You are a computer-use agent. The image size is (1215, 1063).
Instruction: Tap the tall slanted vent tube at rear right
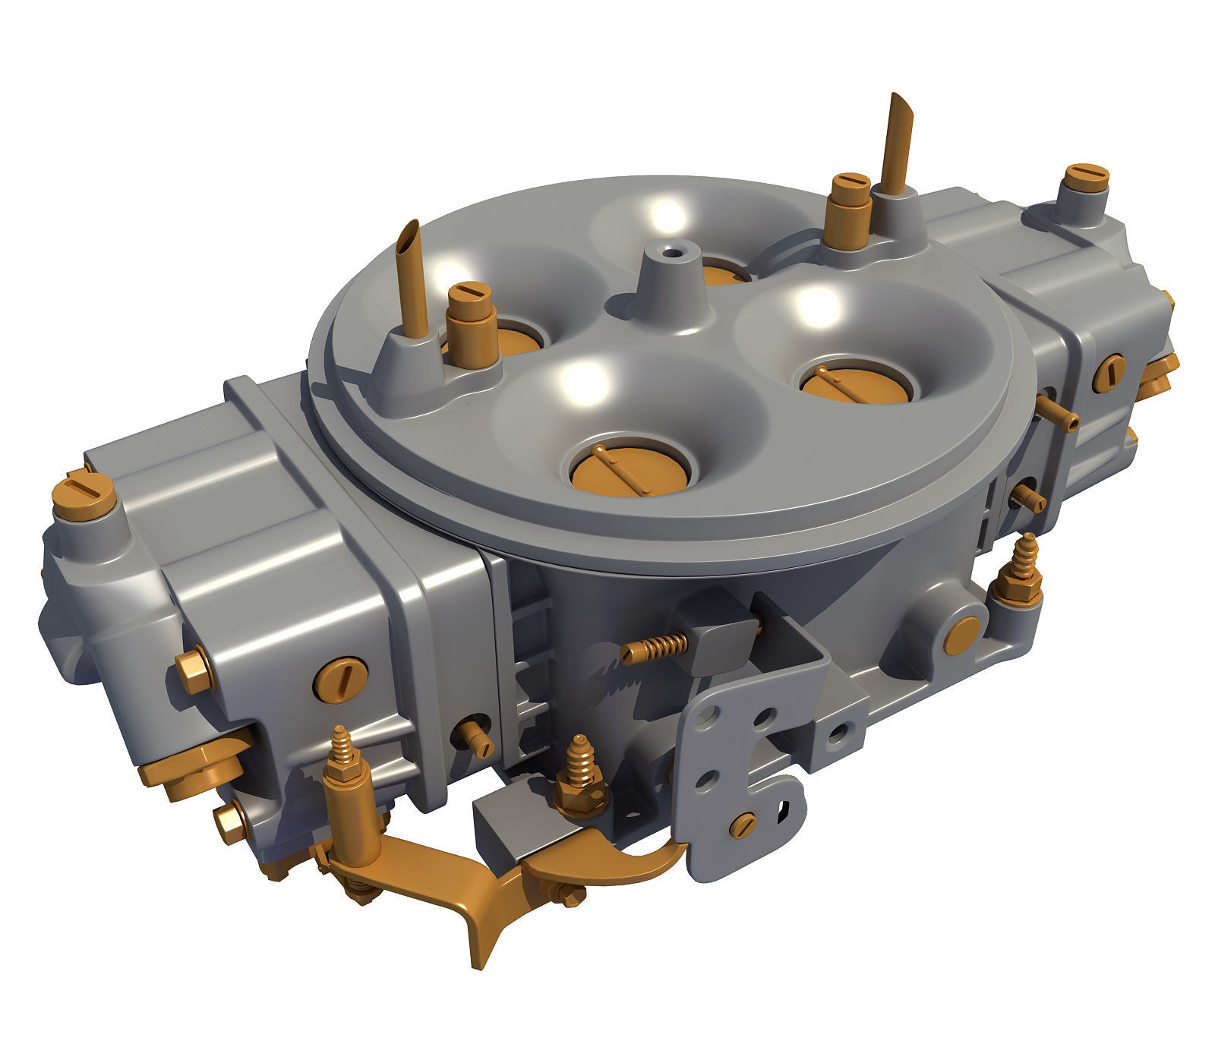coord(896,140)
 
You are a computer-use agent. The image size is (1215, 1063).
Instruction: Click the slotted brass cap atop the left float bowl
coord(84,494)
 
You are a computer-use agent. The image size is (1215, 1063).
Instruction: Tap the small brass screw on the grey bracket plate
coord(743,824)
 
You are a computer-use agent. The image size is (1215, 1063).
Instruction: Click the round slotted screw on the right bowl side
coord(1109,373)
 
